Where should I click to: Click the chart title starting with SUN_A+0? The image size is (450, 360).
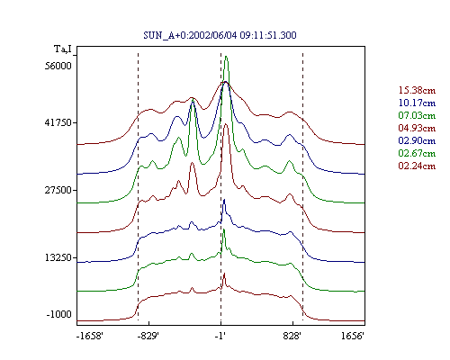220,35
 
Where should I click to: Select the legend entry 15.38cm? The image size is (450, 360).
417,90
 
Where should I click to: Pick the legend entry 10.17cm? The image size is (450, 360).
417,103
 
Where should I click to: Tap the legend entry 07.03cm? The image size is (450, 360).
417,115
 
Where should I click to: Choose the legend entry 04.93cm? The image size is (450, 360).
417,128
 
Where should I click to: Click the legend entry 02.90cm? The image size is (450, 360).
417,140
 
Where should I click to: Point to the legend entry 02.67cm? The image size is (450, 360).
417,153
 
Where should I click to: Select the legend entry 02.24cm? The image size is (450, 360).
417,166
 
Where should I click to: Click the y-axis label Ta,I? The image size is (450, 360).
63,49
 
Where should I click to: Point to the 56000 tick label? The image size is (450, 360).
58,66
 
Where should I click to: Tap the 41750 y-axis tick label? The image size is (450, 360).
58,122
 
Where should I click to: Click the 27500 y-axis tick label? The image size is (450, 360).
58,190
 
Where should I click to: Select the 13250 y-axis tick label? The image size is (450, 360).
58,257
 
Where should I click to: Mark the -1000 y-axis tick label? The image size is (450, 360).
59,314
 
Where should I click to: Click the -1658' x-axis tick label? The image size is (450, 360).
90,336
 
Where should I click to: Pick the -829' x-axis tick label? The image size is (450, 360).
148,336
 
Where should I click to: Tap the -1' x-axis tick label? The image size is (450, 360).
220,336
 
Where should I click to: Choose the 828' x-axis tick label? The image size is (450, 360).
292,336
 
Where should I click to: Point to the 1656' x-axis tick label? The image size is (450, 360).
353,336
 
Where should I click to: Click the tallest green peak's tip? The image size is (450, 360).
226,57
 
